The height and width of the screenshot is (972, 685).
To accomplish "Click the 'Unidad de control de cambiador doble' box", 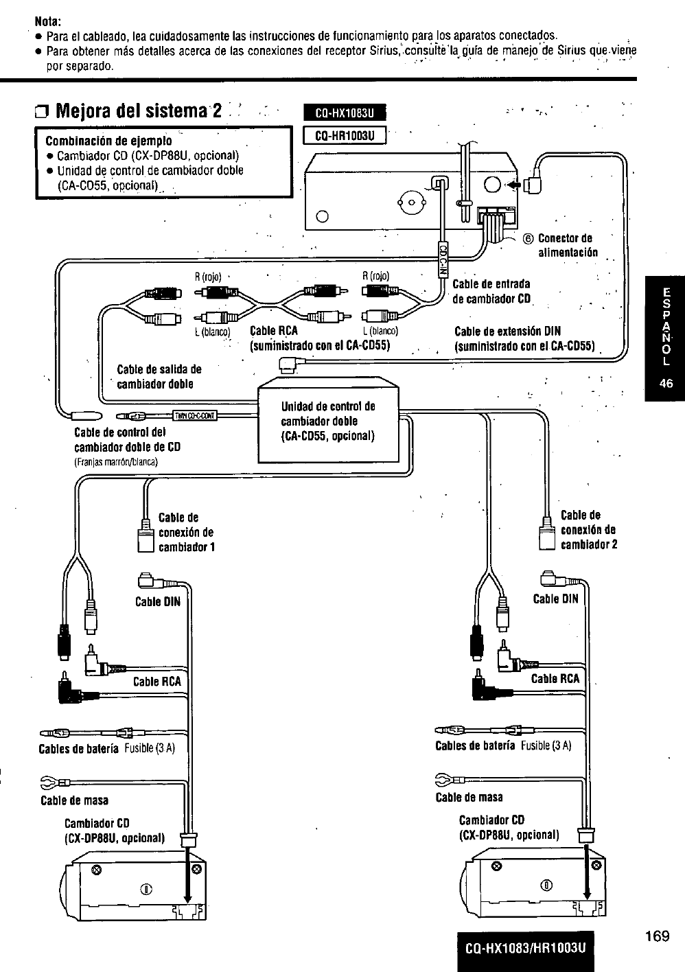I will coord(328,421).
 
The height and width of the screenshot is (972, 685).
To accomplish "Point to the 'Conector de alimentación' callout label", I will coord(568,245).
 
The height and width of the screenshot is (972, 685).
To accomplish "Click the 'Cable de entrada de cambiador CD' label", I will coord(491,291).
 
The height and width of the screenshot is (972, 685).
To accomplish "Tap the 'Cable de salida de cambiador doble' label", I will coord(159,376).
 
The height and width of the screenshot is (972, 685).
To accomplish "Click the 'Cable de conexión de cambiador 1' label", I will coord(186,532).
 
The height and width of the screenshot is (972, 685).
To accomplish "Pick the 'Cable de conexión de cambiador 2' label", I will coord(588,529).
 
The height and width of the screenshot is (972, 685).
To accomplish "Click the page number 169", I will coord(657,936).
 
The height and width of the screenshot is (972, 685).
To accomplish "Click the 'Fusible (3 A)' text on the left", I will coord(150,748).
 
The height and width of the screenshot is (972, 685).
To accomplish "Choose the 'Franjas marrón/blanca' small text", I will coord(115,461).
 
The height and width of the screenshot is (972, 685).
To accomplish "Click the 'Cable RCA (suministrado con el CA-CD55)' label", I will coord(319,338).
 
